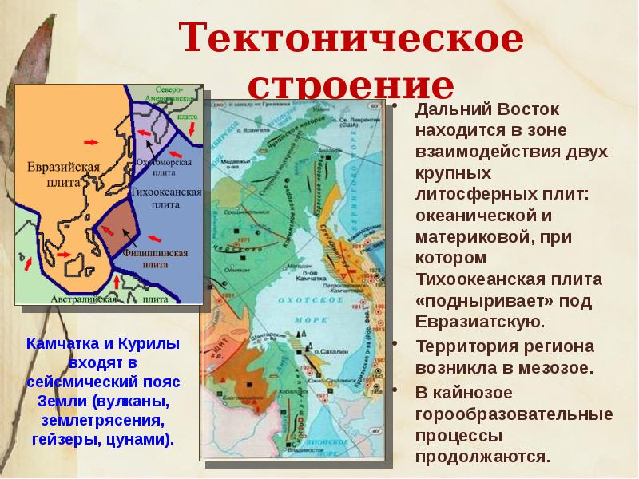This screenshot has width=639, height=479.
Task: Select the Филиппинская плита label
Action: [x=160, y=259]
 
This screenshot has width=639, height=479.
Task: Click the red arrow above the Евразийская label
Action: [x=91, y=141]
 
